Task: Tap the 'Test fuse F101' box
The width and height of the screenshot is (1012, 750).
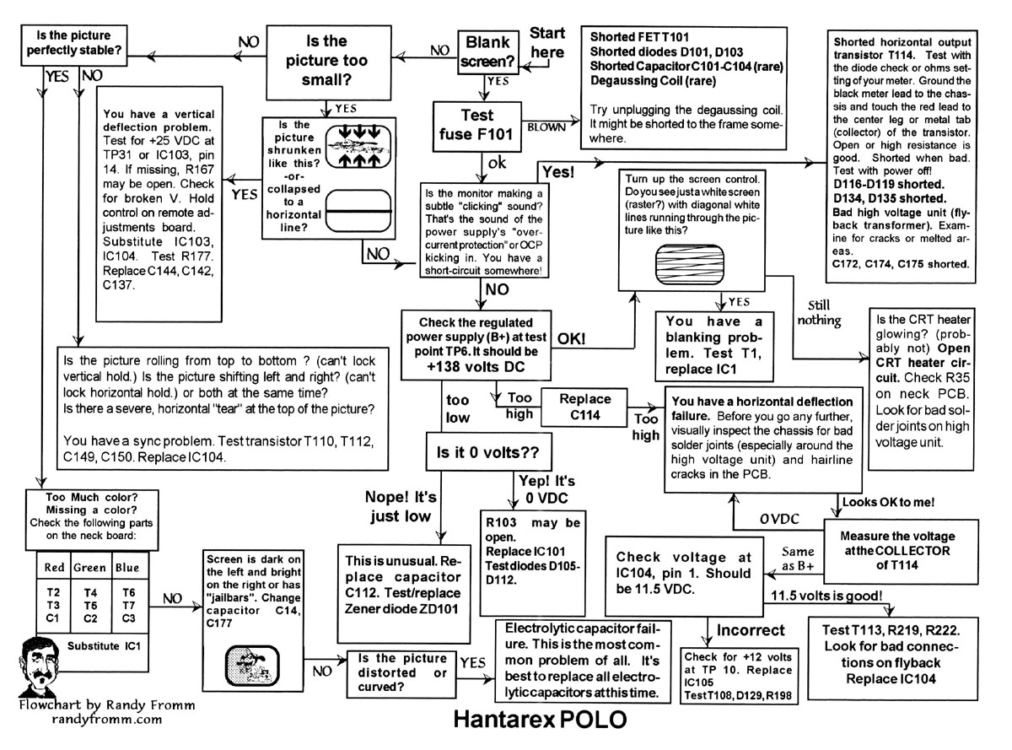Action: click(x=477, y=123)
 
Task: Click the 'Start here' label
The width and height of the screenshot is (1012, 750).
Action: click(x=547, y=43)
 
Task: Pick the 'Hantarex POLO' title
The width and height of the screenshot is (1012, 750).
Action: click(x=541, y=721)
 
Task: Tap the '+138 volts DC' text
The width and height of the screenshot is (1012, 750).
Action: click(x=477, y=368)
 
